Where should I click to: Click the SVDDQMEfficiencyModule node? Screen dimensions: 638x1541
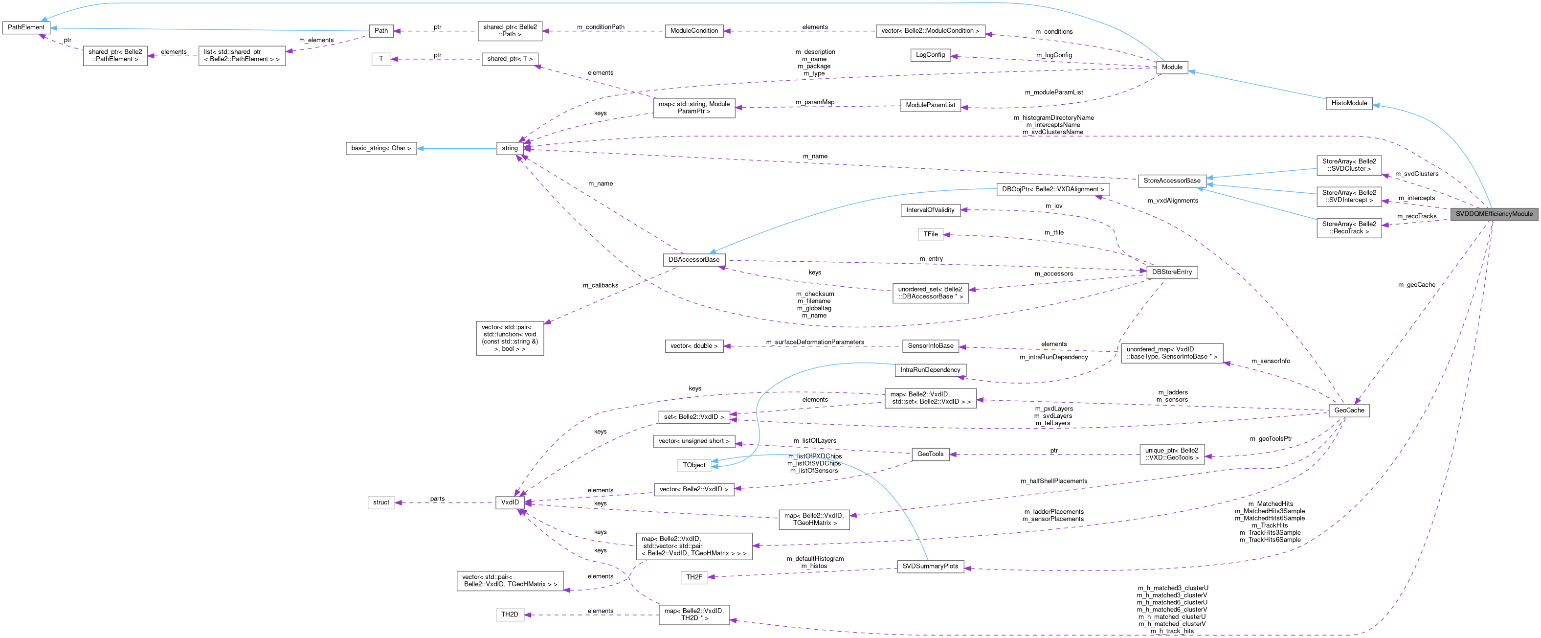[x=1494, y=214]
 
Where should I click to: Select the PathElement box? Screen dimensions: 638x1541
[x=26, y=27]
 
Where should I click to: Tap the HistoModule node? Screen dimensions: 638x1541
[x=1349, y=103]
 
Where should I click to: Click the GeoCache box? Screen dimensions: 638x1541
[x=1349, y=410]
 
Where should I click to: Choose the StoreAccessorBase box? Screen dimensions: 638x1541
[x=1172, y=181]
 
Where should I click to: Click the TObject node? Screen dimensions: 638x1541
[x=694, y=465]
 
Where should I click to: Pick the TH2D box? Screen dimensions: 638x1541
[x=510, y=615]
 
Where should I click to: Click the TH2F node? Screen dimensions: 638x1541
[x=694, y=577]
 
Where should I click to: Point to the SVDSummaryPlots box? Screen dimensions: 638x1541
[x=930, y=566]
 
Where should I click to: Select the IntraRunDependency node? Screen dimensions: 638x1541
[x=930, y=370]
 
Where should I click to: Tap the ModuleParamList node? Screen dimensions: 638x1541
[x=930, y=105]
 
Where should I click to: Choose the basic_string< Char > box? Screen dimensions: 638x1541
[x=381, y=148]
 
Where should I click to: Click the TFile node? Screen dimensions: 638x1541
[x=930, y=234]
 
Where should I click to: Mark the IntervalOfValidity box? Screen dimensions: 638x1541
[x=930, y=210]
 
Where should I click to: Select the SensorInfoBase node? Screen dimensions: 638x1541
[x=930, y=346]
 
